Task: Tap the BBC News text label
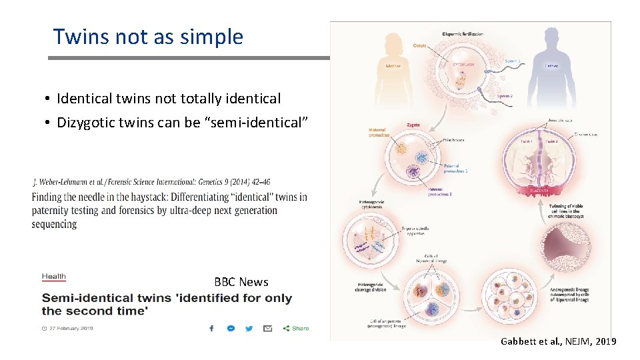[241, 282]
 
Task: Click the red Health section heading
[54, 276]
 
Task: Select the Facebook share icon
[211, 328]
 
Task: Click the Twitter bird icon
[249, 328]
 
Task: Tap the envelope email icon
[267, 328]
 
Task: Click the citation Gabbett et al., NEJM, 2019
[559, 341]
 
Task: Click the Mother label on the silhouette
[393, 66]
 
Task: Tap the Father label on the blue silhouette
[551, 66]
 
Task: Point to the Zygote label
[413, 125]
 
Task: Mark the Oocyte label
[420, 45]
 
